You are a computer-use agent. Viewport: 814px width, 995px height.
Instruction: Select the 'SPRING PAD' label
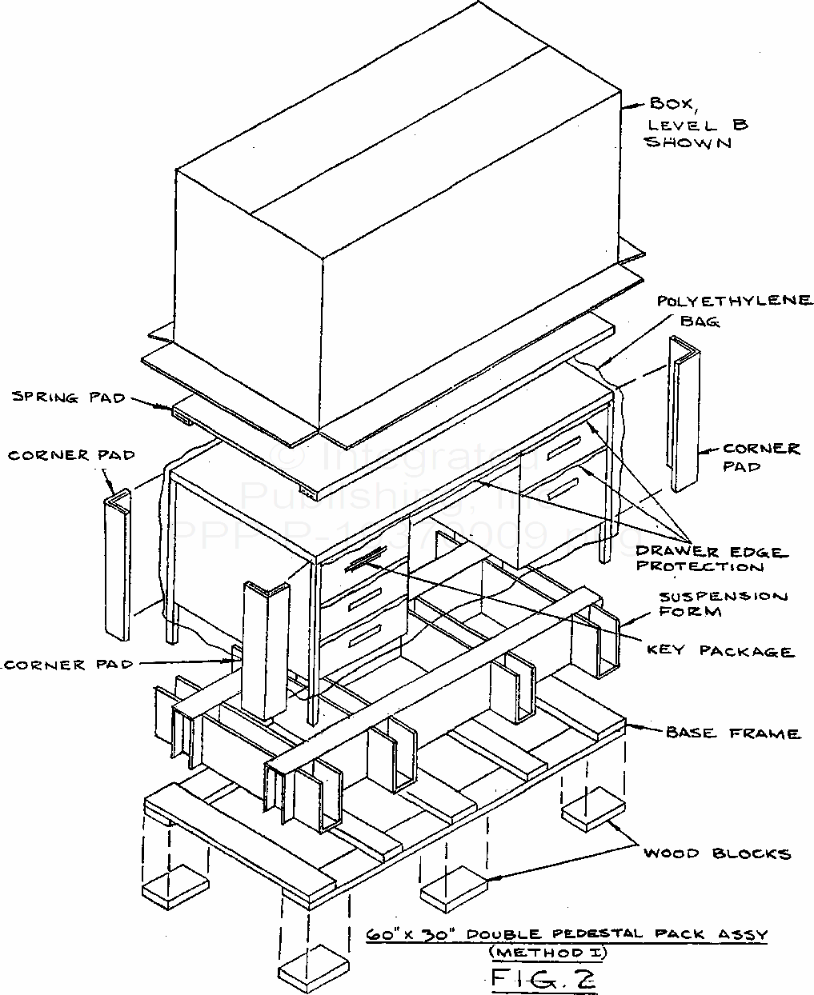(x=70, y=397)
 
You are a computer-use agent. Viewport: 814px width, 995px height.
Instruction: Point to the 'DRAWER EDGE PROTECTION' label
(x=711, y=559)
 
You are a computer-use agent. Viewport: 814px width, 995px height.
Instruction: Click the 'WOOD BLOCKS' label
(x=717, y=853)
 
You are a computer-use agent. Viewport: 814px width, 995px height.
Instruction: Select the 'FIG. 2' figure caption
(x=545, y=977)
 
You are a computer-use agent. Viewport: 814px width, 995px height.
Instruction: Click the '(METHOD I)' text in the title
(x=548, y=953)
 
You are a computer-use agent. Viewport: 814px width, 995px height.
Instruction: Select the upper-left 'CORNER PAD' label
(x=71, y=455)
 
